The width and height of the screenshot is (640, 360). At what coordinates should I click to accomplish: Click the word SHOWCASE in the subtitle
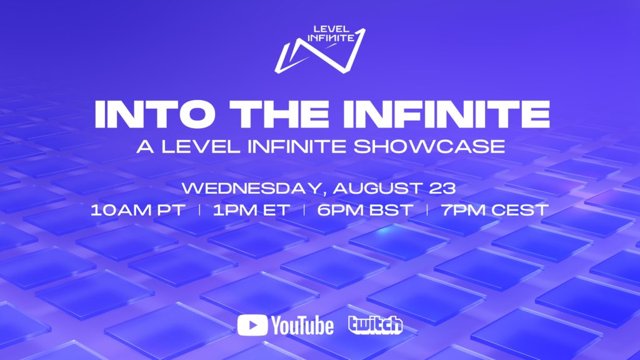pyautogui.click(x=429, y=146)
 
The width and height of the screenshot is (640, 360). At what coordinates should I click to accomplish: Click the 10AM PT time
pyautogui.click(x=138, y=210)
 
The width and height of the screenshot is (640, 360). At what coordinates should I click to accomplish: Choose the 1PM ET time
pyautogui.click(x=251, y=210)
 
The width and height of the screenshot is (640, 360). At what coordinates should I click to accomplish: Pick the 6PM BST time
pyautogui.click(x=365, y=210)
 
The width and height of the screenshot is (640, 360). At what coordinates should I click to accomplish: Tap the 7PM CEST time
pyautogui.click(x=495, y=210)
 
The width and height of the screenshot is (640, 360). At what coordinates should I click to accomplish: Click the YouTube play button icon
pyautogui.click(x=252, y=325)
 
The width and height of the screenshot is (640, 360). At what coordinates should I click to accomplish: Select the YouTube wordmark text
pyautogui.click(x=302, y=326)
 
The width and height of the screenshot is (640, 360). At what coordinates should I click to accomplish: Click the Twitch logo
pyautogui.click(x=375, y=325)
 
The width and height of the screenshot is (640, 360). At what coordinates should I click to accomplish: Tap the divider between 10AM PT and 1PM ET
pyautogui.click(x=199, y=210)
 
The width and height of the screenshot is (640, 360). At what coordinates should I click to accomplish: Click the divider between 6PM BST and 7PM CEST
pyautogui.click(x=427, y=210)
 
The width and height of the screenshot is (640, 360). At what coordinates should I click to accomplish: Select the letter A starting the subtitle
pyautogui.click(x=146, y=146)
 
